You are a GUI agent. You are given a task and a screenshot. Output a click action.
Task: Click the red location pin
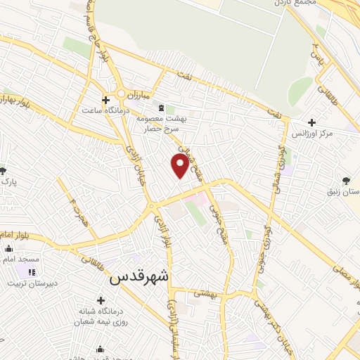point(180,165)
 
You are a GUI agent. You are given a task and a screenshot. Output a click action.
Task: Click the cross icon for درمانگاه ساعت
point(105,100)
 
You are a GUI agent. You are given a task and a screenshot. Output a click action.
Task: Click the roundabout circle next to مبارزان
point(124,93)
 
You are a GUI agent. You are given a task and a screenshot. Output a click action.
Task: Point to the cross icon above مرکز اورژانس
point(311,122)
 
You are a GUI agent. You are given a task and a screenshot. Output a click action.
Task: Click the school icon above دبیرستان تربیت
point(31,272)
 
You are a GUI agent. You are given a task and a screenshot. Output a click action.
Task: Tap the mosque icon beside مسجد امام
point(8,248)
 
